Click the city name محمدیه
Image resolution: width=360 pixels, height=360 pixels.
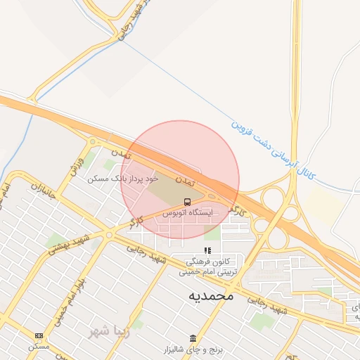pos(210,296)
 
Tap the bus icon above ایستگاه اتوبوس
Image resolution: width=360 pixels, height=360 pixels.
pos(188,201)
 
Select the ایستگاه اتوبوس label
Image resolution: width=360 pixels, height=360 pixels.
pos(191,211)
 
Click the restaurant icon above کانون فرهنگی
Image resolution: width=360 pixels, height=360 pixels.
pos(207,250)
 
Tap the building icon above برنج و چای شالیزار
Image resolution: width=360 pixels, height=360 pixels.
pos(193,338)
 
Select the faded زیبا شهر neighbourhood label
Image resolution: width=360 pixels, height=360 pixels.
pos(105,330)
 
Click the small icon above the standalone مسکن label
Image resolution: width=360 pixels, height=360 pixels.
pos(38,335)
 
